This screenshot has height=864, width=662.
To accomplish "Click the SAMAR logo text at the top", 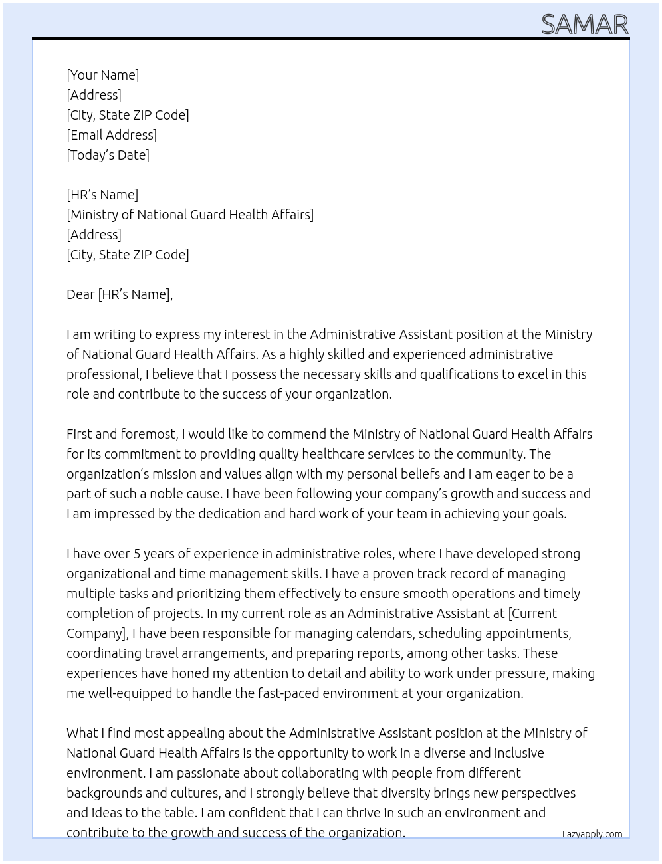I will [584, 24].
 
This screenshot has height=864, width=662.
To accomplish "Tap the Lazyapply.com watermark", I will [592, 834].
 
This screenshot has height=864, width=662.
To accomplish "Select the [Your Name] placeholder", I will [102, 75].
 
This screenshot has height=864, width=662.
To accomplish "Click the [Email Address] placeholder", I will [112, 135].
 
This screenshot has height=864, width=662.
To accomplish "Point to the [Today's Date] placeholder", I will [108, 155].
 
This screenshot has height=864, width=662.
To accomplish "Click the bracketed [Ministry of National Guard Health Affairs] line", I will [190, 215].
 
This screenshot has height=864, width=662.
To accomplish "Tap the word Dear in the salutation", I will [80, 294].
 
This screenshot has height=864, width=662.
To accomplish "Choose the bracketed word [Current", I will [532, 613].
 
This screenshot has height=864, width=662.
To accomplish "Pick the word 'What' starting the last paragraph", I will [82, 733].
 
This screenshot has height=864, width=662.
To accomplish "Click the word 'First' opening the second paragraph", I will [79, 434].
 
